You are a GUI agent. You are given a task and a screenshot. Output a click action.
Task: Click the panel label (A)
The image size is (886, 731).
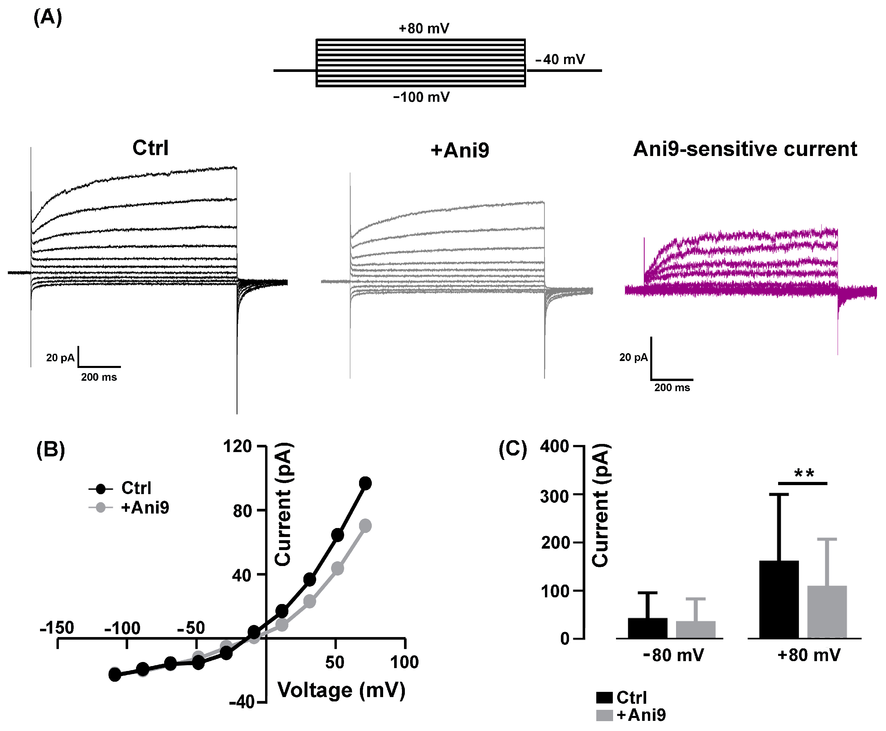point(48,18)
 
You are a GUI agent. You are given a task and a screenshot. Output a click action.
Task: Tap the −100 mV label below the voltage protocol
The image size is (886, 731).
point(421,97)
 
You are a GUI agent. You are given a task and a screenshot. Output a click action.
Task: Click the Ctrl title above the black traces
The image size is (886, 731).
point(150,148)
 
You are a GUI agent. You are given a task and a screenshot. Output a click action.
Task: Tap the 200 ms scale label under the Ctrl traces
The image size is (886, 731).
point(99,377)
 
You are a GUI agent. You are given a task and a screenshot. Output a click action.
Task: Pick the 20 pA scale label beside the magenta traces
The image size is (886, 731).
point(633,358)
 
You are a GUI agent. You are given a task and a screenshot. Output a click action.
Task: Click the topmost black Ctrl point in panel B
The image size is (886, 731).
point(365,483)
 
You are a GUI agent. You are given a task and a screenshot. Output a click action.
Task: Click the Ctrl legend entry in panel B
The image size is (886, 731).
point(136,488)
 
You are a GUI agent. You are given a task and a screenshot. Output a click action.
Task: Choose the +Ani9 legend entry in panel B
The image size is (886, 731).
point(144,507)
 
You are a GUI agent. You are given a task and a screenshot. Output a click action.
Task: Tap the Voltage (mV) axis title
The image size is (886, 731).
point(341,690)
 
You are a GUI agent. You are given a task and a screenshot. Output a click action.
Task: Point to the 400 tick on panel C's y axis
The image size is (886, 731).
point(555,446)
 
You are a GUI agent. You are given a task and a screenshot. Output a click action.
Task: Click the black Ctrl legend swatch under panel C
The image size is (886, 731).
point(604,697)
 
